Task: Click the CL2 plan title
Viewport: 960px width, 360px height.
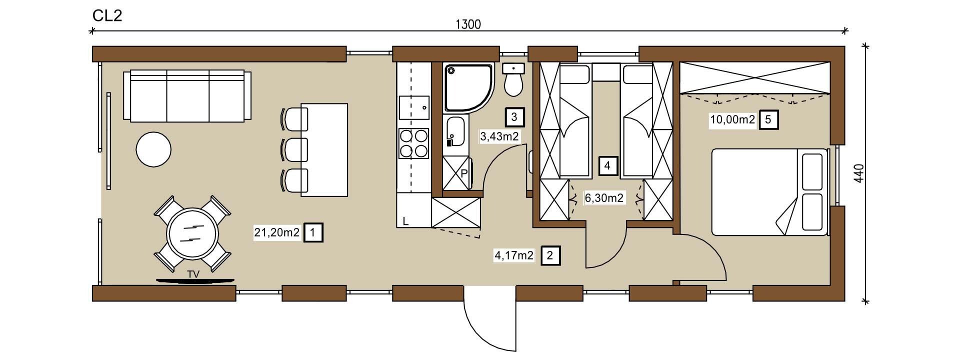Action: click(x=107, y=15)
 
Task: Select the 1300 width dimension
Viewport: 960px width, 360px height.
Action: click(x=468, y=24)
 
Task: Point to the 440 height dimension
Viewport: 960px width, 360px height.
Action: click(x=858, y=173)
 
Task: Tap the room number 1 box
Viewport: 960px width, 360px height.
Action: click(x=313, y=232)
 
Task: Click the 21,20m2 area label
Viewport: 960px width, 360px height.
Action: click(x=277, y=232)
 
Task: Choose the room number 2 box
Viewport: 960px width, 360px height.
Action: click(x=550, y=255)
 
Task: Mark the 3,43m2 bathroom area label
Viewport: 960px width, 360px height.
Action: click(x=499, y=136)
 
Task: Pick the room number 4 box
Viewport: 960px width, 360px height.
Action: click(x=607, y=165)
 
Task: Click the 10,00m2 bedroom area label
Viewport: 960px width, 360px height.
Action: click(x=732, y=120)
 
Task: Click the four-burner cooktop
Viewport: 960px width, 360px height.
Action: click(x=414, y=143)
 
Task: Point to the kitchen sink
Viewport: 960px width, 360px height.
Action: click(x=414, y=107)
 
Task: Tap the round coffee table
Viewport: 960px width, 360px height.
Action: click(x=153, y=149)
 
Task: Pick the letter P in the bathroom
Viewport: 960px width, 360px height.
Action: click(x=464, y=174)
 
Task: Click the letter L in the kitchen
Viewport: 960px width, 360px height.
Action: click(x=405, y=221)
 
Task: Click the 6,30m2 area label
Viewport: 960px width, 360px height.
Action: click(x=604, y=198)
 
